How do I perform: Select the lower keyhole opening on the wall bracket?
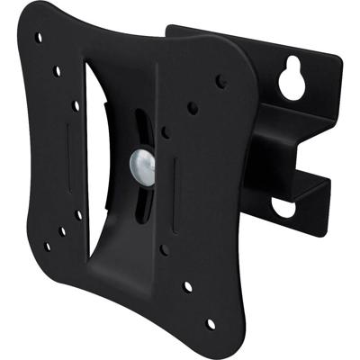(x=283, y=207)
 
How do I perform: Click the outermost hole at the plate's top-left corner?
(x=38, y=39)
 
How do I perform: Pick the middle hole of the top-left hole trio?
(x=58, y=69)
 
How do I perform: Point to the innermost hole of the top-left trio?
(x=76, y=105)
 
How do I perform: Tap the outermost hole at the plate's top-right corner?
(x=220, y=81)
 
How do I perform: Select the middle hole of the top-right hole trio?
(x=193, y=108)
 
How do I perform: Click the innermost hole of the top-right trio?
(x=165, y=133)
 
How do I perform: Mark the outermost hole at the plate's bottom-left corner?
(x=47, y=246)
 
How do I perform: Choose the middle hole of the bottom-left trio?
(x=62, y=230)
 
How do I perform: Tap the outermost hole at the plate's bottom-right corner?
(x=211, y=322)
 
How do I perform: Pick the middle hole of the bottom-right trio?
(x=187, y=286)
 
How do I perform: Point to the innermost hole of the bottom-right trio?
(x=164, y=250)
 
